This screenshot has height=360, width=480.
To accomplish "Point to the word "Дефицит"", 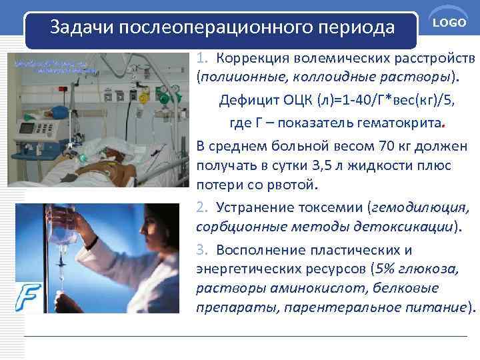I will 244,101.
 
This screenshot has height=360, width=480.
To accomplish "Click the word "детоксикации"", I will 409,227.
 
